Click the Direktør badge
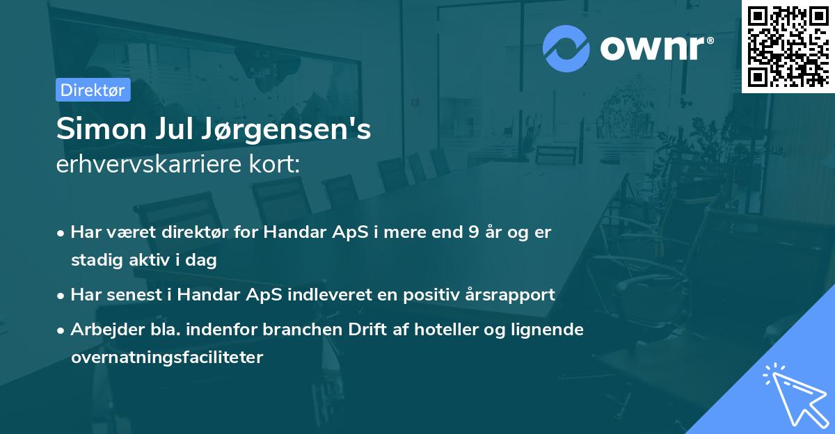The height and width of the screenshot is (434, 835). tap(93, 90)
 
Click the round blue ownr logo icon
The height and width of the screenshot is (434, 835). tap(566, 47)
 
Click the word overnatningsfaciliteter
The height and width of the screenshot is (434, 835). tap(167, 357)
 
